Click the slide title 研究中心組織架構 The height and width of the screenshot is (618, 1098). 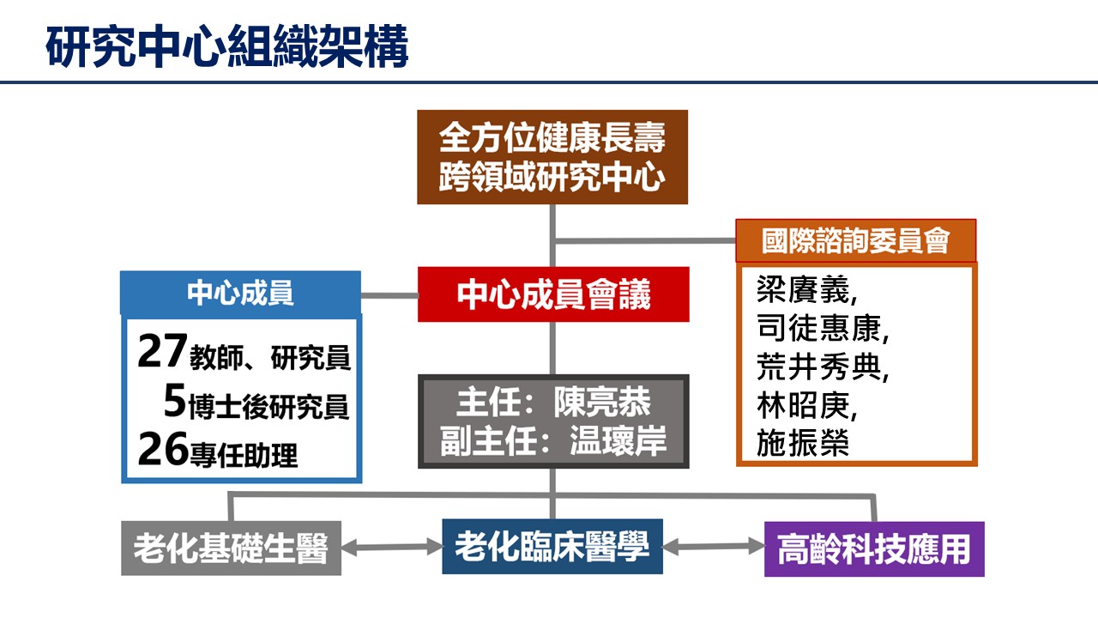[x=227, y=46]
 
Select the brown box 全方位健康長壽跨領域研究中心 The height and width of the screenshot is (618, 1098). [x=552, y=157]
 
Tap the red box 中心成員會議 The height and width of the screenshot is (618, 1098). [x=553, y=294]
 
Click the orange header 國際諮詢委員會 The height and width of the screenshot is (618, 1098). [x=856, y=240]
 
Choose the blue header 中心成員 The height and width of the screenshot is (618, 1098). [x=241, y=293]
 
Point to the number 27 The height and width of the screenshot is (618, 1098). [x=162, y=350]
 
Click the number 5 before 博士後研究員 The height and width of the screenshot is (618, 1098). [x=174, y=400]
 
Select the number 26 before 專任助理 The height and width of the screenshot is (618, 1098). [x=163, y=449]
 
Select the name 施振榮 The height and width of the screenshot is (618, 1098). [x=803, y=443]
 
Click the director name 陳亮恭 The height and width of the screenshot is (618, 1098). [x=602, y=403]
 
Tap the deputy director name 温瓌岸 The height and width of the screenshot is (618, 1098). [x=618, y=441]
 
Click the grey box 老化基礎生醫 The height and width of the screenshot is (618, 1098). [x=232, y=548]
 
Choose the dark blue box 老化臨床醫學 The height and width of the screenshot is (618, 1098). [x=552, y=547]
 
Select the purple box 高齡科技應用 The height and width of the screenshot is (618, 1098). [x=874, y=548]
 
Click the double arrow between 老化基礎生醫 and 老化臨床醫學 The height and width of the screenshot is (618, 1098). [x=392, y=547]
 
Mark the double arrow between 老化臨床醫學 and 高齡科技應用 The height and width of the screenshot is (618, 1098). [x=714, y=547]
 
